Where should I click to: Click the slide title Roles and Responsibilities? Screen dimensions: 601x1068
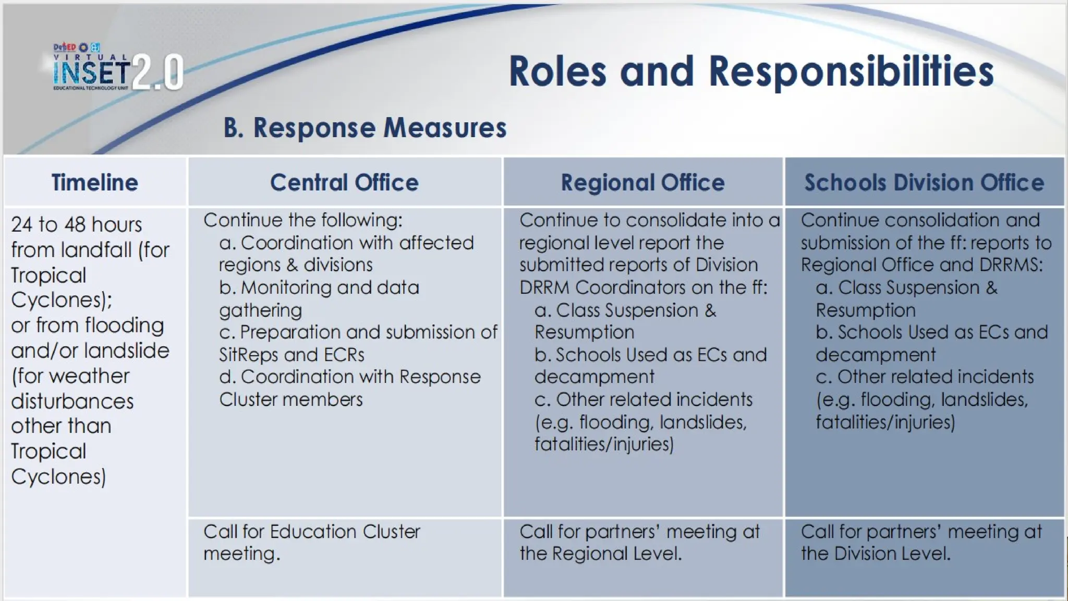[x=751, y=71]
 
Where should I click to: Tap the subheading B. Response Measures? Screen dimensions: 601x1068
[x=365, y=128]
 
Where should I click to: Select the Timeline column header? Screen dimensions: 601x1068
[x=95, y=183]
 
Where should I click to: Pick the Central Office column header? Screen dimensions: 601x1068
[x=344, y=183]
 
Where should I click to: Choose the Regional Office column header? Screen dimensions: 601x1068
[x=642, y=183]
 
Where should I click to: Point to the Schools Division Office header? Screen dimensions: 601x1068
[x=924, y=183]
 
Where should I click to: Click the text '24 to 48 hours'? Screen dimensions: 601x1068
[x=77, y=225]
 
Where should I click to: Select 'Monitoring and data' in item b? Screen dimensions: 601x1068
[x=330, y=287]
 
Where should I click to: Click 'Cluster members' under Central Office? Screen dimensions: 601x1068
[x=290, y=400]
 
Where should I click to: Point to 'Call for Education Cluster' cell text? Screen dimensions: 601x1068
[x=311, y=532]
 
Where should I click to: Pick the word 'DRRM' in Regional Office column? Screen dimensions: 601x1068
[x=544, y=287]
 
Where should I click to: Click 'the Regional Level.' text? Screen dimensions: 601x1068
[x=601, y=554]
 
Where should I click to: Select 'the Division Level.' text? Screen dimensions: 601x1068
[x=876, y=554]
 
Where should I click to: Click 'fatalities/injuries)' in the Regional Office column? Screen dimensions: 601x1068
[x=604, y=444]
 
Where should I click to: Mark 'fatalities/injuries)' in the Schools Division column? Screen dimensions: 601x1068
[x=885, y=422]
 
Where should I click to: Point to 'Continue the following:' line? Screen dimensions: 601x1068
[x=303, y=221]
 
